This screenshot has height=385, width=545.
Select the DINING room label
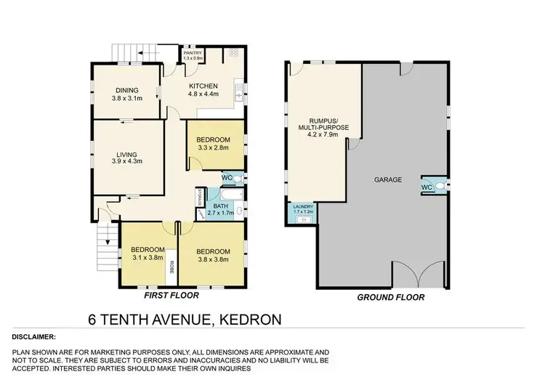point(127,91)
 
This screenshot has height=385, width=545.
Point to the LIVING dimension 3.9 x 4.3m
point(127,161)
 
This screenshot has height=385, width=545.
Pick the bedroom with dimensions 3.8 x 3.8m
point(214,255)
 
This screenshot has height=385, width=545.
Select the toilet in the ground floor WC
point(441,187)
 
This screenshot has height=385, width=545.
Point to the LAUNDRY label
point(302,206)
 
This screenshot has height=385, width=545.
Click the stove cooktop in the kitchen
point(235,53)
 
